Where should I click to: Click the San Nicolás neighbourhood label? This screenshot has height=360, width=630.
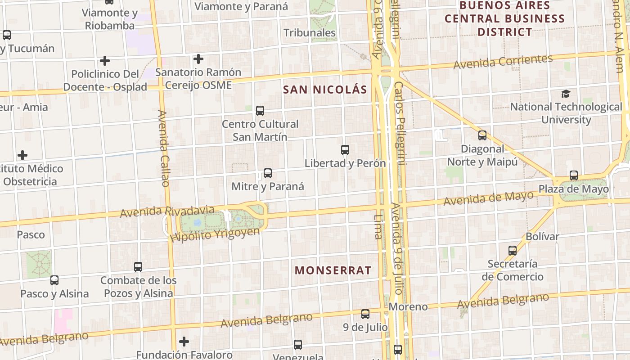point(325,90)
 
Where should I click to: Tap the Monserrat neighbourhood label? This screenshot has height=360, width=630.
point(333,270)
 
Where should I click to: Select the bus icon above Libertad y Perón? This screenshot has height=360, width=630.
point(345,150)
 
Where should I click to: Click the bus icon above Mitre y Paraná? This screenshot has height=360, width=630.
point(268,173)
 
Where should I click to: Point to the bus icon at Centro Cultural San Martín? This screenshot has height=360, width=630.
point(260,111)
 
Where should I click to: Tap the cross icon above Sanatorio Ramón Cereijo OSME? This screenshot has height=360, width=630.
point(198,59)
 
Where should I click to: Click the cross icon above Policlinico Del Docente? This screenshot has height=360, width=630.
point(105,61)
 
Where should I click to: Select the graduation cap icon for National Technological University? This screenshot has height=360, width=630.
point(566,94)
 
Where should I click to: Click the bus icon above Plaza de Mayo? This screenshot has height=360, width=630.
point(574,175)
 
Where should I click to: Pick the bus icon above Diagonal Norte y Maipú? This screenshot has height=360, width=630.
point(482,135)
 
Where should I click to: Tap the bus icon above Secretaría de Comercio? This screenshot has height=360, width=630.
point(513,251)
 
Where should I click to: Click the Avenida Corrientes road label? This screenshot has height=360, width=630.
point(503,62)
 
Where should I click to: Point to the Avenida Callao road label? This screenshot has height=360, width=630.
point(164,148)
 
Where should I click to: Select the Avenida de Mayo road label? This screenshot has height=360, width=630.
point(488,198)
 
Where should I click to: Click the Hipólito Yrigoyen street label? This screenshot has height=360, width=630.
point(216,234)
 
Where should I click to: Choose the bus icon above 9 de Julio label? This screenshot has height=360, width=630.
point(365,314)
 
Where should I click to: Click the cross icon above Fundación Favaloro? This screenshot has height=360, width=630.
point(184,342)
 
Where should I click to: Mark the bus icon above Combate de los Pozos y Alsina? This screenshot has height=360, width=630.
point(138,267)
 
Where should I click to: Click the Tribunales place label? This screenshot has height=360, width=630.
point(310,33)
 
